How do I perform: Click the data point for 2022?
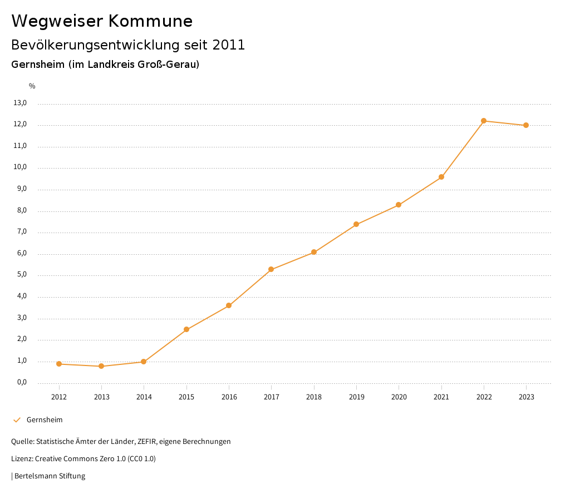pos(484,121)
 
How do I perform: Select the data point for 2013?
pos(101,366)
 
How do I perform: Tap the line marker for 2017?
pos(271,270)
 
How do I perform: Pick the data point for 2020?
pos(399,205)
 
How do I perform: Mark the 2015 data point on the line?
pos(186,329)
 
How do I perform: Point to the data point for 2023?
pos(526,125)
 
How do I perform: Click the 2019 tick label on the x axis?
pos(356,397)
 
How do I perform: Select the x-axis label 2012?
pos(59,397)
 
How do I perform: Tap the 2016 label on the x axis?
pos(229,397)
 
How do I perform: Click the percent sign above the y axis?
pos(32,86)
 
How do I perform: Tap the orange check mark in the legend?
pos(17,420)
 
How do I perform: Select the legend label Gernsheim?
pos(45,420)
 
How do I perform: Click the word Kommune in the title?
pos(150,21)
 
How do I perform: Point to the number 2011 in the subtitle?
pos(229,45)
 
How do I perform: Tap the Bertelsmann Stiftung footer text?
pos(50,476)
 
